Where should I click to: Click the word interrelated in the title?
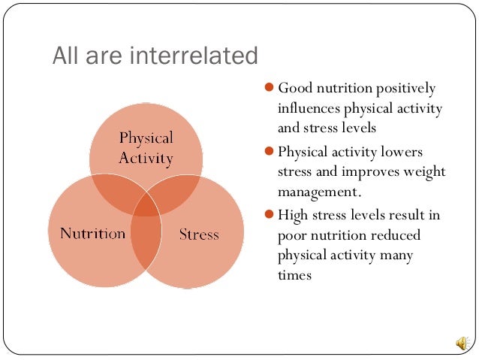point(200,56)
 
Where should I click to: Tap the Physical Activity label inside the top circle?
point(146,148)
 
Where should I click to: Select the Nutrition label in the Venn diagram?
point(92,234)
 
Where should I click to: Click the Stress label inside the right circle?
point(199,234)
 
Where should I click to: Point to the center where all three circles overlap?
point(146,207)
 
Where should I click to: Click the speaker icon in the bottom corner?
point(460,343)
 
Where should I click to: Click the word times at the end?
point(294,276)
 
